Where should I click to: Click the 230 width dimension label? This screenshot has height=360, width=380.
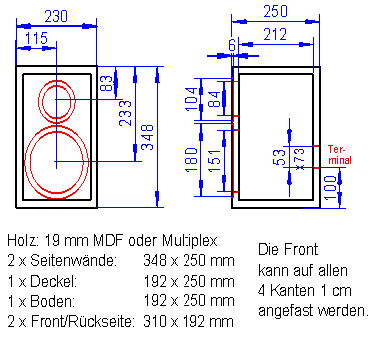coord(56,16)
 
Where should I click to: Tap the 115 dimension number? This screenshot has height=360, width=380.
coord(37,38)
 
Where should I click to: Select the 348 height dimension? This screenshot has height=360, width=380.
coord(147,137)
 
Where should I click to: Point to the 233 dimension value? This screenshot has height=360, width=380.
coord(125,113)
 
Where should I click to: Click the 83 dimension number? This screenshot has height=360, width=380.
coord(107,84)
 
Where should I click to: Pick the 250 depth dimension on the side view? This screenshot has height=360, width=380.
coord(275,11)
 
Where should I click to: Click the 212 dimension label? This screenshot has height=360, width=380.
coord(275,34)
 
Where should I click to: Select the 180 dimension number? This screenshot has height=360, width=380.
coord(192,160)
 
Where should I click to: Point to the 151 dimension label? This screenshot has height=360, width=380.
coord(214,160)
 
